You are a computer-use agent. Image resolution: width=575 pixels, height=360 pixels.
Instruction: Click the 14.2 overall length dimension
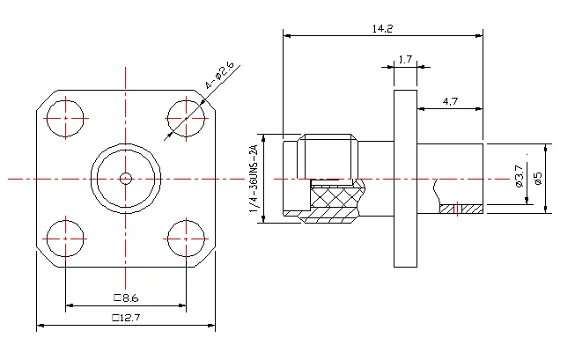pos(382,28)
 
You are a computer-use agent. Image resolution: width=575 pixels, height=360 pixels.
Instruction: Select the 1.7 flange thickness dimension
pos(405,59)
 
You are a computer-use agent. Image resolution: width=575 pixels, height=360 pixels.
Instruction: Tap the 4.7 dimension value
pos(450,101)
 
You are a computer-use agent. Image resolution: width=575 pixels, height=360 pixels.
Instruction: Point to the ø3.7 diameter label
pos(519,176)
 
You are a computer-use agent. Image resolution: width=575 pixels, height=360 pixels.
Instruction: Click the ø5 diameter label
pos(538,178)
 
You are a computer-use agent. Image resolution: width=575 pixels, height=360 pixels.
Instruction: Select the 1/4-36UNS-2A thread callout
pos(254,179)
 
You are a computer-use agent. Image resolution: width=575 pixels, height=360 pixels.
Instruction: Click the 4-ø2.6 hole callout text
pos(219,75)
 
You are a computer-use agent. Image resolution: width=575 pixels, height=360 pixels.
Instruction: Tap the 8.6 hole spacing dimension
pos(127,298)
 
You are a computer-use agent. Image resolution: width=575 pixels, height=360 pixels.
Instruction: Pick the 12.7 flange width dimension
pos(126,317)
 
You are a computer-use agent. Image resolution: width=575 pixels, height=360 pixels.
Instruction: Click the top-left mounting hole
pos(66,119)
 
